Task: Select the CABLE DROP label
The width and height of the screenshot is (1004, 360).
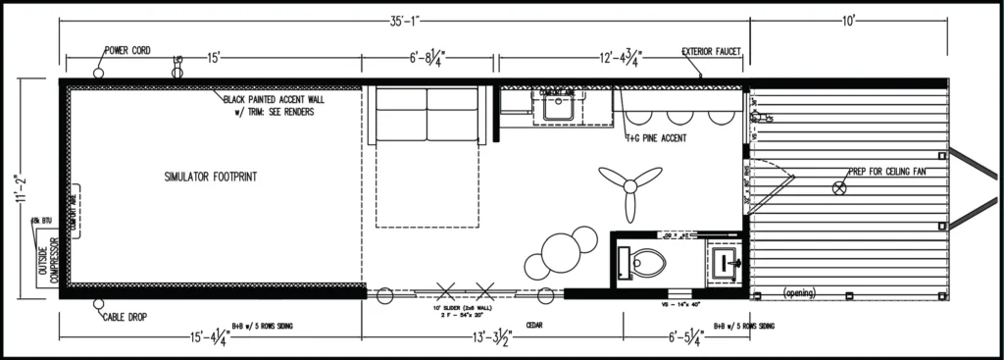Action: (x=126, y=318)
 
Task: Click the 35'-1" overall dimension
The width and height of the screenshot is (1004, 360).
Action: (x=400, y=21)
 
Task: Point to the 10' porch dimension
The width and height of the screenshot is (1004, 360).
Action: (x=849, y=21)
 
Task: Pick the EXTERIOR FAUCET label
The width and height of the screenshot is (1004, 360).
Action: (x=712, y=51)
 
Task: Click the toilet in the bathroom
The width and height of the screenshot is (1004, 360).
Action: (x=643, y=261)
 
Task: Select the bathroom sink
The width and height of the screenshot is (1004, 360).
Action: (x=726, y=261)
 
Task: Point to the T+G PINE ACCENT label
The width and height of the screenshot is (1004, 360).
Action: (x=655, y=138)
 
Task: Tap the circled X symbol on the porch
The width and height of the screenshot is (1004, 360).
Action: (x=839, y=187)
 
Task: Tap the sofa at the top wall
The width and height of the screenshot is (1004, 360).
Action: (x=427, y=116)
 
